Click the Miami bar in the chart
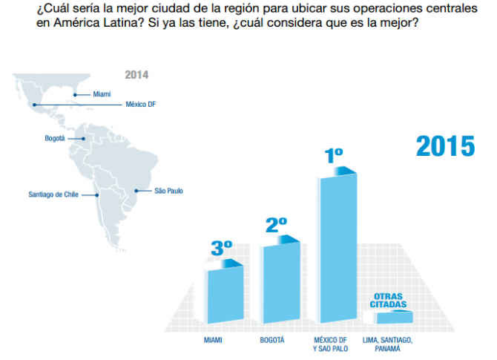[x=224, y=294]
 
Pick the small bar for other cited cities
[x=393, y=318]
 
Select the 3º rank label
[x=221, y=248]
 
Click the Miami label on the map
[x=102, y=94]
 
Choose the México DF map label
[x=140, y=105]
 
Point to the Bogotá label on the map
[x=56, y=138]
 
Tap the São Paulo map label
[x=168, y=191]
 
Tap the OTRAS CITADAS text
[x=389, y=300]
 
